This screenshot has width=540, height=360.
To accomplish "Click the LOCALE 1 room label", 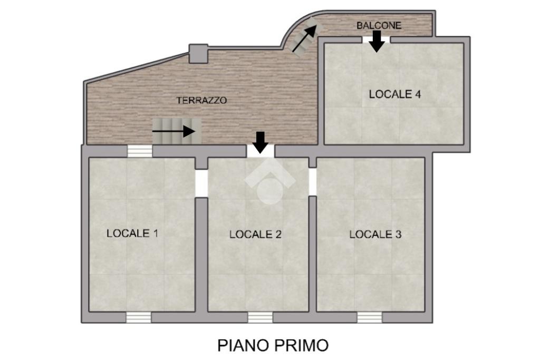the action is click(x=132, y=233).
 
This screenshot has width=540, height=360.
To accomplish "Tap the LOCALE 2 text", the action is click(x=256, y=235).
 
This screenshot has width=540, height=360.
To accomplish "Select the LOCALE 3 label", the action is click(x=375, y=235).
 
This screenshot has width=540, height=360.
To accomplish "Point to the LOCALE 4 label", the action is click(x=395, y=94).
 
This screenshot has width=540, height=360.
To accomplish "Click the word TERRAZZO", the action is click(x=202, y=101).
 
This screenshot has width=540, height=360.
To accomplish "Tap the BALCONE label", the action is click(x=379, y=25).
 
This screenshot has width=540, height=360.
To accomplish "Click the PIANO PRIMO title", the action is click(x=273, y=345).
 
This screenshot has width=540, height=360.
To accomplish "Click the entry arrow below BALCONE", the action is click(x=377, y=41).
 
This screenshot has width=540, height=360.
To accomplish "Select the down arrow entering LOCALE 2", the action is click(x=261, y=142).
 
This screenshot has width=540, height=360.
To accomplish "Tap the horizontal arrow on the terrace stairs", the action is click(x=174, y=131).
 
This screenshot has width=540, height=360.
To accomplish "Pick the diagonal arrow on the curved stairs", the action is click(x=304, y=38).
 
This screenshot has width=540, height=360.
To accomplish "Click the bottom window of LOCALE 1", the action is click(x=139, y=317).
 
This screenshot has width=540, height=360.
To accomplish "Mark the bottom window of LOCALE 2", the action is click(x=261, y=317).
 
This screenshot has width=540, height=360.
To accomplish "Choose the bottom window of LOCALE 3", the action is click(x=370, y=317).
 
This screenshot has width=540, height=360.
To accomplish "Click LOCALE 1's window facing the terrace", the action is click(x=140, y=151).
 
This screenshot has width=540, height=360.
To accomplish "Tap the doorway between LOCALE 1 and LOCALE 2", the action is click(x=201, y=183).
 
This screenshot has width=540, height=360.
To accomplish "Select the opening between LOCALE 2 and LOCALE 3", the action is click(x=312, y=182).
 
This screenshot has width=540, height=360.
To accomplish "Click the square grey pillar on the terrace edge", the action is click(x=198, y=54).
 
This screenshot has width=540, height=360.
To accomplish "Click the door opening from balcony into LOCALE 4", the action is click(x=377, y=40).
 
